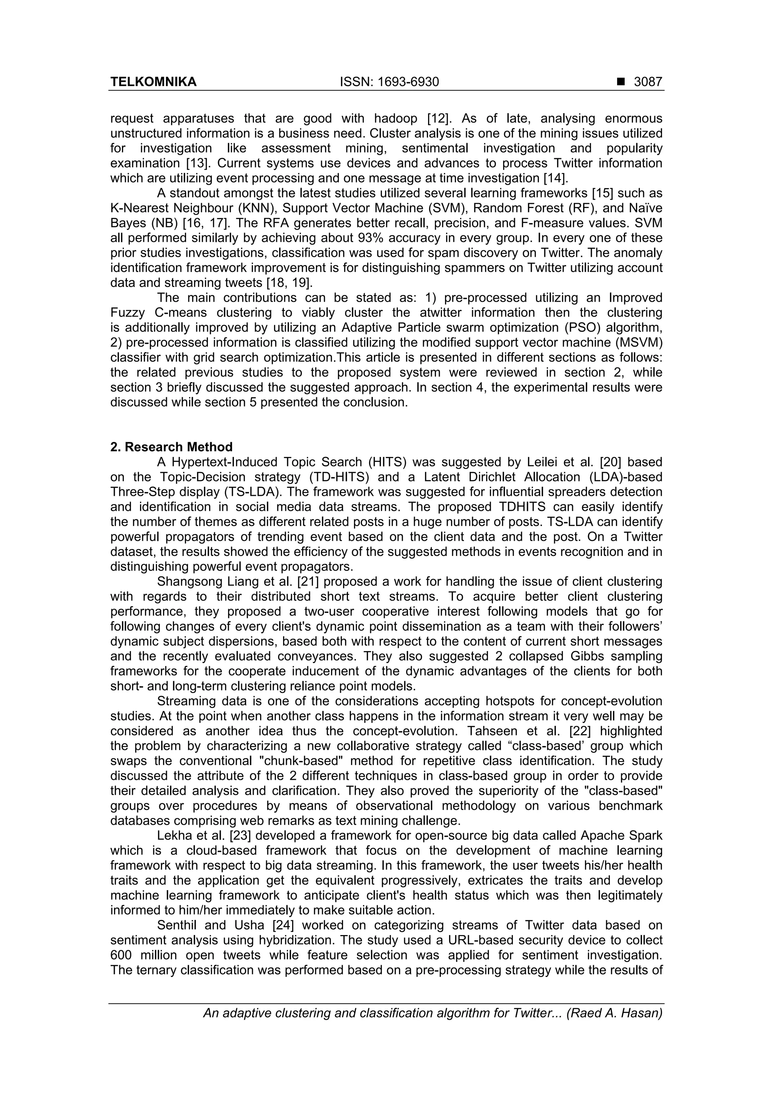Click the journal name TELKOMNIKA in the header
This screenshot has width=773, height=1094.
[153, 82]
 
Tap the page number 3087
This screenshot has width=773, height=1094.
[648, 82]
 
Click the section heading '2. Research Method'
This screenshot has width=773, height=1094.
[171, 447]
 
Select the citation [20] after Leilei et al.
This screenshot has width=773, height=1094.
[607, 462]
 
